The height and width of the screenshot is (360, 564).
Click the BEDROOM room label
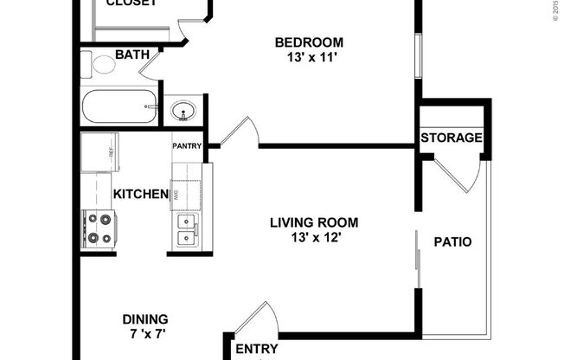click(x=309, y=42)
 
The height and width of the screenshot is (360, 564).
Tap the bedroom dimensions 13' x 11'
click(x=309, y=59)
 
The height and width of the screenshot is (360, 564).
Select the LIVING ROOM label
click(x=314, y=222)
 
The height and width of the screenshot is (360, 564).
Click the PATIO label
click(x=452, y=242)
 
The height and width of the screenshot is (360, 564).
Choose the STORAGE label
click(x=452, y=138)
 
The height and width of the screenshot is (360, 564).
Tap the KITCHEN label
click(x=140, y=195)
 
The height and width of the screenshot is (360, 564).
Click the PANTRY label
click(x=187, y=146)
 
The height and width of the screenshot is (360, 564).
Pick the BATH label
click(x=132, y=55)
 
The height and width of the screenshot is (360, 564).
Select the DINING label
click(x=144, y=318)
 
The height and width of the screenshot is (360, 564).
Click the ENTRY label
click(x=257, y=350)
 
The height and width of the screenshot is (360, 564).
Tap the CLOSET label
click(x=131, y=3)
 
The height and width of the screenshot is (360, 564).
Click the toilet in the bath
click(x=99, y=64)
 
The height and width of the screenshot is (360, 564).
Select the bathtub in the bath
click(x=119, y=106)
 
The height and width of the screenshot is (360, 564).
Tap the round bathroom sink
click(x=183, y=111)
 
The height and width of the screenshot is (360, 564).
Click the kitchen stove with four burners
click(x=99, y=229)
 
